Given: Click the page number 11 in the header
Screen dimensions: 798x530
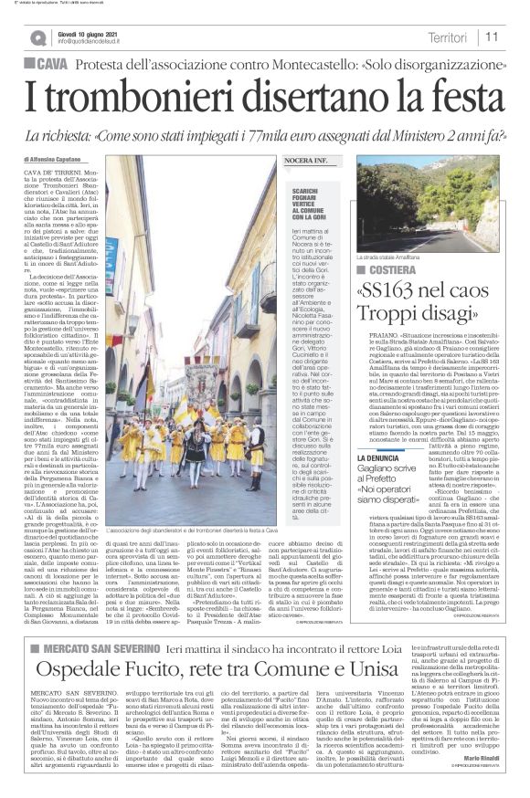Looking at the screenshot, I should [x=492, y=37].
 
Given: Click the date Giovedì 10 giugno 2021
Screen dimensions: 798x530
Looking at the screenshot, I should [x=91, y=31].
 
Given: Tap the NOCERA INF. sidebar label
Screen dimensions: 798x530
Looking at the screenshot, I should [x=308, y=160].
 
